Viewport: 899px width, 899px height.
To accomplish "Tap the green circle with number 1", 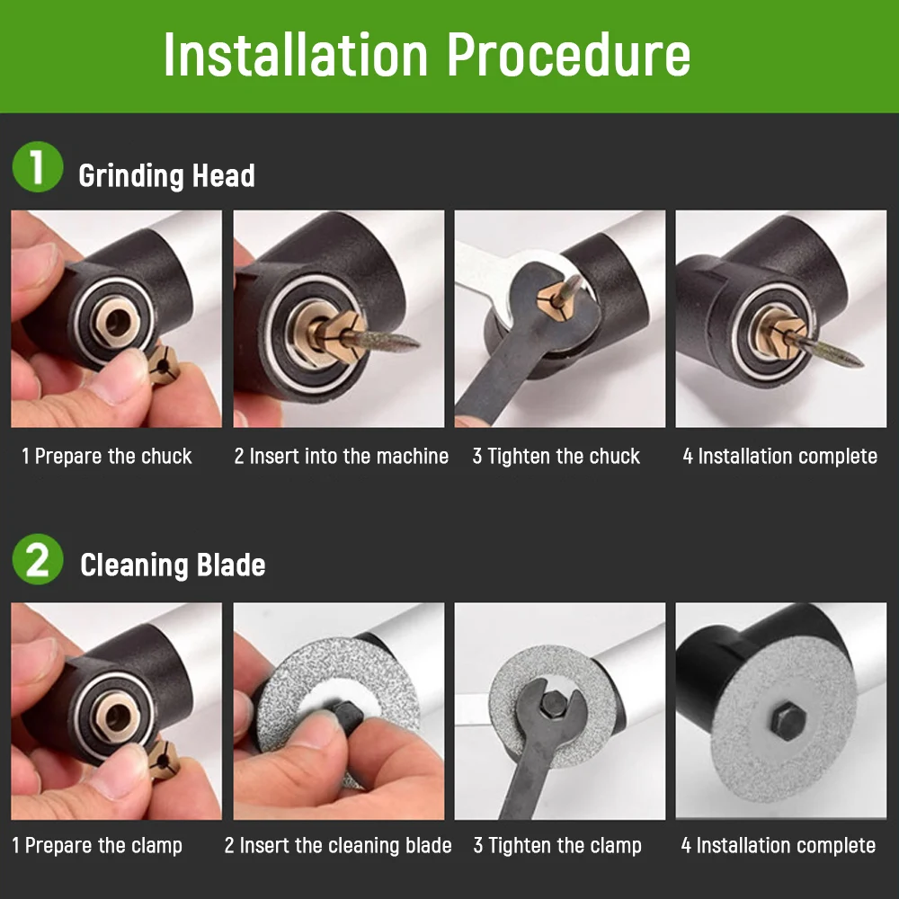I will pos(37,169).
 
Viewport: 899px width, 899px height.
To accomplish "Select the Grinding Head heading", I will pos(166,175).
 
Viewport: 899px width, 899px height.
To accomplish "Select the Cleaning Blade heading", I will pos(173,565).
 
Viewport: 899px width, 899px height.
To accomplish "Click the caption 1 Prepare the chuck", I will pos(107,457).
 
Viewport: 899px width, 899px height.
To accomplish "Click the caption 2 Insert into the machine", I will pos(341,457).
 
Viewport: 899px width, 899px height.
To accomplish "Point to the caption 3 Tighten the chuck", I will pos(556,457).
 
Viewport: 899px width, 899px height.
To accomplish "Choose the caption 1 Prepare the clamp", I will pos(97,846).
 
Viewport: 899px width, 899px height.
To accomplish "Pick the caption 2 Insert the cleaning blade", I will pos(338,846).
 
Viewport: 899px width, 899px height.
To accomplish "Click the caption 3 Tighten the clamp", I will pos(557,846).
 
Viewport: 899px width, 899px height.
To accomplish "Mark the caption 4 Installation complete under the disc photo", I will pos(778,846).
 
